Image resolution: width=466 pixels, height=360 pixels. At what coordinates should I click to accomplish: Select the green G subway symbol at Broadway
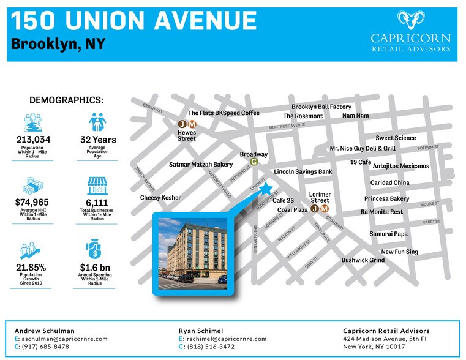tap(254, 162)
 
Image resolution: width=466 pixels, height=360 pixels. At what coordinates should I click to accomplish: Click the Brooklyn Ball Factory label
tap(321, 107)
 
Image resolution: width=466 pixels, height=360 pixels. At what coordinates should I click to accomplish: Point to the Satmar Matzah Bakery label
tap(201, 165)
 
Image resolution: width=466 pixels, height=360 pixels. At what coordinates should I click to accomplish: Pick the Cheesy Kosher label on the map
tap(160, 198)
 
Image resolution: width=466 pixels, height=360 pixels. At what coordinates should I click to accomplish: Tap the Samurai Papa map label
tap(388, 234)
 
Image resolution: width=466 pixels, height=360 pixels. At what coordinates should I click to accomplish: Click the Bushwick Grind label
tap(363, 260)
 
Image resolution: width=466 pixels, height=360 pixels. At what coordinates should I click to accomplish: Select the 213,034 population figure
tap(33, 140)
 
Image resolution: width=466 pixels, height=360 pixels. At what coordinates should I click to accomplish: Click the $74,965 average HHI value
tap(32, 202)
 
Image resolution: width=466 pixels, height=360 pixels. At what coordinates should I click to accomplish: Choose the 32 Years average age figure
tap(98, 140)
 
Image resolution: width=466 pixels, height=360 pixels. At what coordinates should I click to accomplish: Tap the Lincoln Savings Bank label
tap(303, 172)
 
